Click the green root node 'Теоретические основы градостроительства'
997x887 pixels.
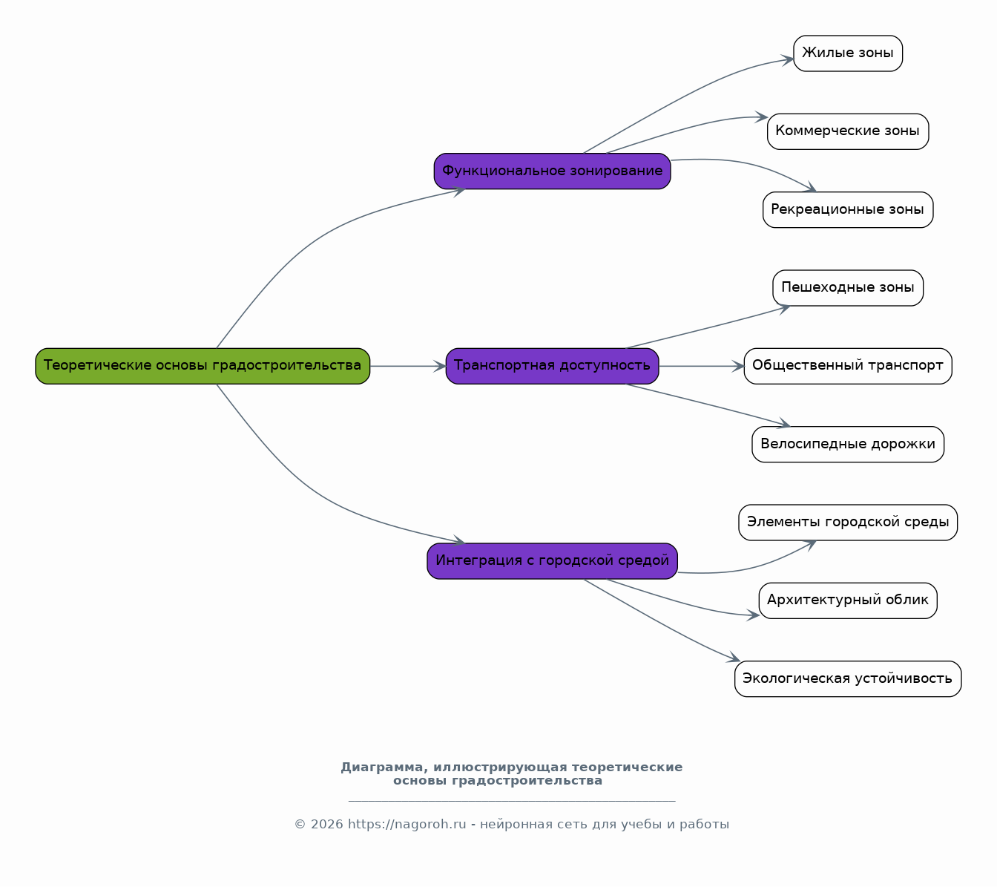pos(203,366)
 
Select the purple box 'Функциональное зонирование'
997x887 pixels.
pos(552,171)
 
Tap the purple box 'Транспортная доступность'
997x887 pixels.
pos(552,366)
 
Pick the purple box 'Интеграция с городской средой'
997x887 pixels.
pos(552,561)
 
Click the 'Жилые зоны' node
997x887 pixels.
pos(848,53)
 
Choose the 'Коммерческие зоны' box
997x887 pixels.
pos(848,131)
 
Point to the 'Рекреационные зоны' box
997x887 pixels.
pos(848,210)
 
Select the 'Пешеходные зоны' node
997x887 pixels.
pos(848,287)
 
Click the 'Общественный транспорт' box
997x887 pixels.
pos(848,366)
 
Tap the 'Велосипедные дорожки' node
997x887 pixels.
pos(848,444)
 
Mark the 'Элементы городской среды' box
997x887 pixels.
pos(848,523)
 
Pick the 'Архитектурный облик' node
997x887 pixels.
pos(848,600)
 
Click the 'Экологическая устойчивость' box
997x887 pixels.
pos(848,678)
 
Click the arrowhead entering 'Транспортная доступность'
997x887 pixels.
pos(440,366)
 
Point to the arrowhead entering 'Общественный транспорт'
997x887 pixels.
pos(738,366)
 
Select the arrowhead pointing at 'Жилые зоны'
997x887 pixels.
pos(788,60)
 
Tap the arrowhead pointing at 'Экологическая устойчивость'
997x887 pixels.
pos(734,658)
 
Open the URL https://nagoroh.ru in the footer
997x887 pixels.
pos(407,825)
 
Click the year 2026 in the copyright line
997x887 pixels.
pos(326,825)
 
